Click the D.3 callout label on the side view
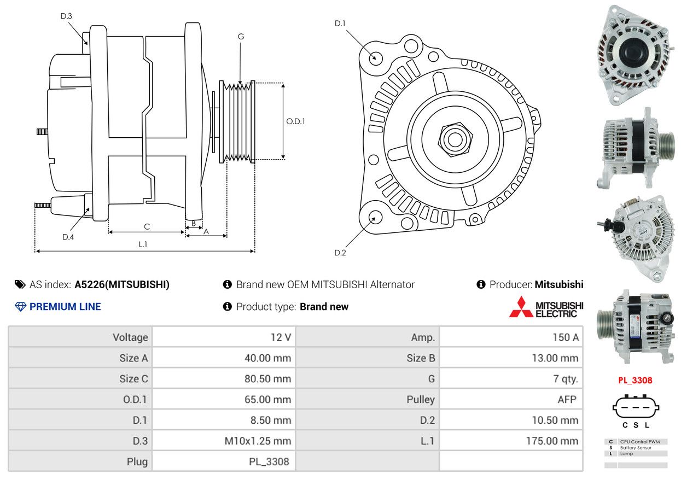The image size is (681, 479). click(x=66, y=16)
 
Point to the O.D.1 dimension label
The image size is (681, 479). click(x=295, y=121)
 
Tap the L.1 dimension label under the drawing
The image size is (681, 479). click(x=143, y=244)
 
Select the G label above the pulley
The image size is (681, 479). click(x=241, y=37)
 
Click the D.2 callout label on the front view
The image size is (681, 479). click(x=340, y=253)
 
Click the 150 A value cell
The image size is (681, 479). click(x=511, y=337)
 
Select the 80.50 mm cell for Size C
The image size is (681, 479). click(x=224, y=379)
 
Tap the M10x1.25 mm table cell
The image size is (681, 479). click(x=224, y=441)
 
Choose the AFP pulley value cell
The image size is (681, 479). click(x=511, y=399)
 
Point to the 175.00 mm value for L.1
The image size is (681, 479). click(x=552, y=441)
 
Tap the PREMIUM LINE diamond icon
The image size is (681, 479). click(x=20, y=307)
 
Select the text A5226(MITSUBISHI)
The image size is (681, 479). click(x=122, y=285)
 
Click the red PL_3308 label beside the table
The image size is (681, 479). click(x=635, y=381)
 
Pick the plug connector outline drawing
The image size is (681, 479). click(x=636, y=406)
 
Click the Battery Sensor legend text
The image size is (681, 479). click(x=636, y=448)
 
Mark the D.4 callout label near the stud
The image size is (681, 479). click(x=68, y=237)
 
